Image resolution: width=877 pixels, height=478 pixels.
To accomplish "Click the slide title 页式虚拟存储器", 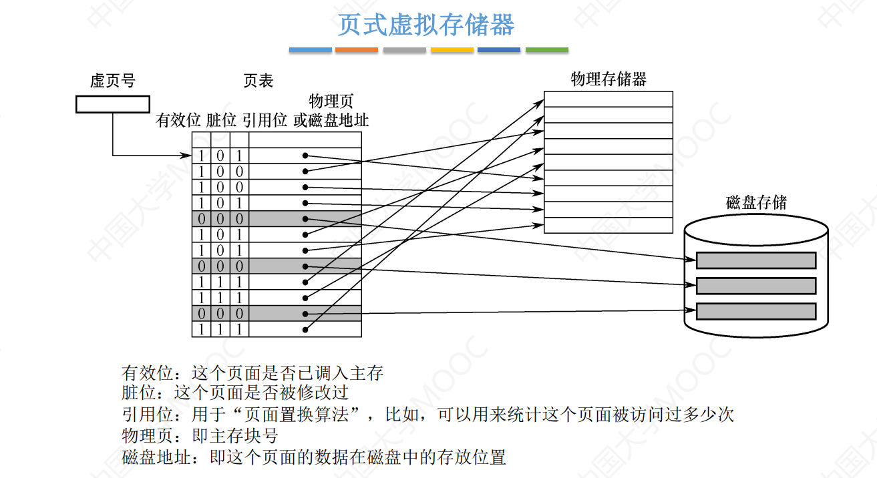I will (x=425, y=25).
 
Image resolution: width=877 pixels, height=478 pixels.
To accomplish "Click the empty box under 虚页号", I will (x=112, y=104).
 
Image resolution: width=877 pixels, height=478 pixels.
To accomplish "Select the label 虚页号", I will (x=112, y=81).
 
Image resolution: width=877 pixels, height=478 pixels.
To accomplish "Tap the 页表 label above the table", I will (x=258, y=81).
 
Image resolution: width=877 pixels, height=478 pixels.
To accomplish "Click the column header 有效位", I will (x=178, y=121).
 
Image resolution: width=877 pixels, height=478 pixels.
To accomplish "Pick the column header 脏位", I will (x=221, y=121).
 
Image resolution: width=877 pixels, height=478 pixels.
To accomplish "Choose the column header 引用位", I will (x=265, y=121).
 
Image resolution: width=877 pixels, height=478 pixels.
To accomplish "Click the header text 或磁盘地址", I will (x=331, y=121).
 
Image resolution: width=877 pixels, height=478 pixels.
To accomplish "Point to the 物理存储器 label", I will (x=608, y=79).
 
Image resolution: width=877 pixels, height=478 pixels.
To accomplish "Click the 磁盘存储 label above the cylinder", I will (x=756, y=202).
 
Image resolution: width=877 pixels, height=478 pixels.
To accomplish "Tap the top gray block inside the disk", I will (x=756, y=260).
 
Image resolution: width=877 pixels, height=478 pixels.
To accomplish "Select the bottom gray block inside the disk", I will (x=756, y=311).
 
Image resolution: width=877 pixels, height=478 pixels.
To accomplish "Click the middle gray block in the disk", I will (x=756, y=286).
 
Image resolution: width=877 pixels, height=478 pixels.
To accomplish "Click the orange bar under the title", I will (x=357, y=50).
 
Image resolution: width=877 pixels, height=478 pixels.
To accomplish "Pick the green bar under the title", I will (x=547, y=50).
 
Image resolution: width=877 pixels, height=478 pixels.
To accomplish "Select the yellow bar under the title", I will (x=452, y=50).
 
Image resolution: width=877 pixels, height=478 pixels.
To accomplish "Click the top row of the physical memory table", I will (x=608, y=99).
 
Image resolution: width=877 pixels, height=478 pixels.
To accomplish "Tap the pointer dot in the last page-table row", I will (x=305, y=329).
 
